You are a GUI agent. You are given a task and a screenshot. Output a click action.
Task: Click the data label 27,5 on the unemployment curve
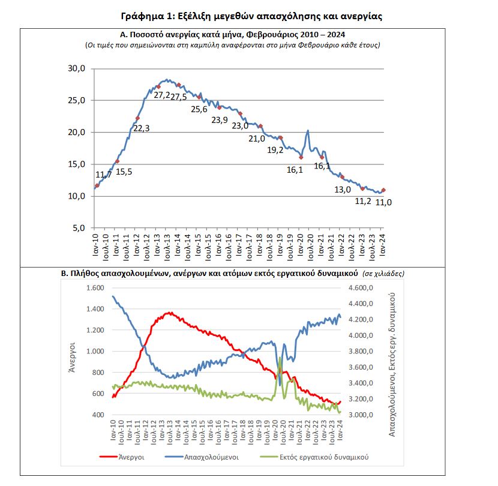click(x=179, y=97)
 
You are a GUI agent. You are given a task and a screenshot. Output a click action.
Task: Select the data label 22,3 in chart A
click(x=142, y=128)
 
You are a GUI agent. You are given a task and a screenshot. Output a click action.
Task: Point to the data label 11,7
click(x=104, y=175)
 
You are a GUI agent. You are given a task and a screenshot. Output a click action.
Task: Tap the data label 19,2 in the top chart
click(x=275, y=150)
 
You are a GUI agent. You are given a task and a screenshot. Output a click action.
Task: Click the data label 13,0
click(x=343, y=190)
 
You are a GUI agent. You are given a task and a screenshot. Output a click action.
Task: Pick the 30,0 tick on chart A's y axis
click(x=78, y=69)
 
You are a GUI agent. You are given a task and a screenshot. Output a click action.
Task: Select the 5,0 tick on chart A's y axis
click(x=80, y=228)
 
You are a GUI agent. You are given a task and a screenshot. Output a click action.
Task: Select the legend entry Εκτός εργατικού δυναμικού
click(x=323, y=457)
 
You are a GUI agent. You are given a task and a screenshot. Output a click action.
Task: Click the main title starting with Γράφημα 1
click(x=250, y=16)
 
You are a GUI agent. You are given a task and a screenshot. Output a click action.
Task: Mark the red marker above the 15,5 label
click(x=117, y=161)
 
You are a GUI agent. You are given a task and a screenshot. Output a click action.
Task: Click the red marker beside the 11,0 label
click(x=383, y=190)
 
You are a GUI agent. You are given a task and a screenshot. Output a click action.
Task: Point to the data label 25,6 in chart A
click(x=199, y=109)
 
